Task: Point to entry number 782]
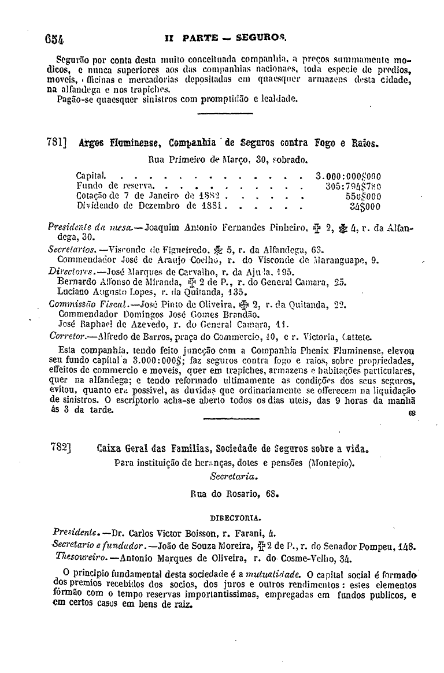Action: click(57, 448)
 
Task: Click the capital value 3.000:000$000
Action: click(349, 176)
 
